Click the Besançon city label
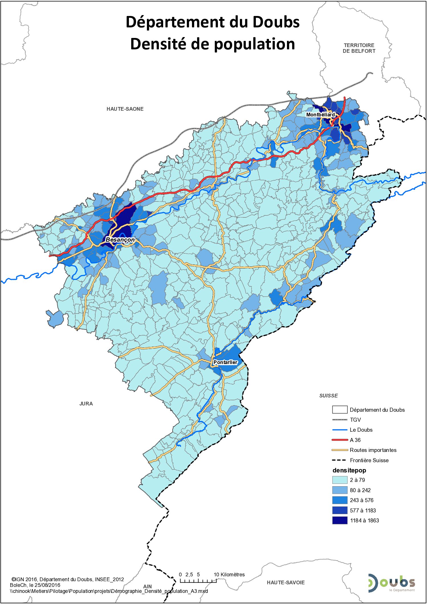[x=120, y=240]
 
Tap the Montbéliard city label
[x=320, y=115]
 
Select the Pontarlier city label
[x=225, y=362]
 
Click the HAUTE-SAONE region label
[x=125, y=109]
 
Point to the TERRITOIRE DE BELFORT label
[x=359, y=48]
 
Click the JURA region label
[x=86, y=404]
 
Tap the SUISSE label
[x=328, y=396]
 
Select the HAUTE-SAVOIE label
[x=286, y=583]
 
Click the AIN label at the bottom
[x=147, y=587]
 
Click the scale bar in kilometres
[x=198, y=581]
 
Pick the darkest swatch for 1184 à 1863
[x=340, y=520]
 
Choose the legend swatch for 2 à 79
[x=340, y=480]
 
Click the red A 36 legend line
[x=340, y=440]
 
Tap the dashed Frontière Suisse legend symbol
[x=340, y=460]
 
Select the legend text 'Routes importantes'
[x=373, y=450]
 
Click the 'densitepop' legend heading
[x=349, y=470]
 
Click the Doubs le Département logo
[x=391, y=583]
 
